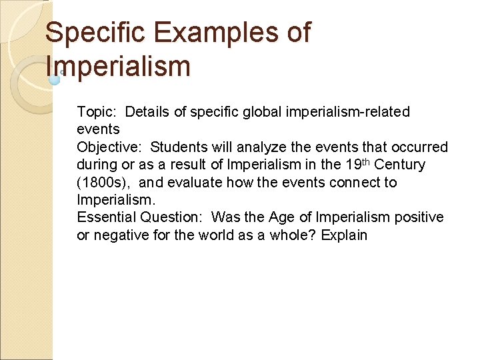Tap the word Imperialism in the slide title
tap(119, 66)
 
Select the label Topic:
tap(97, 111)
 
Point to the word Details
tap(147, 111)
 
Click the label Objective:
tap(110, 147)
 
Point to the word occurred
tap(421, 147)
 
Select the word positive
tap(419, 217)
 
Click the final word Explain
tap(344, 235)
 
